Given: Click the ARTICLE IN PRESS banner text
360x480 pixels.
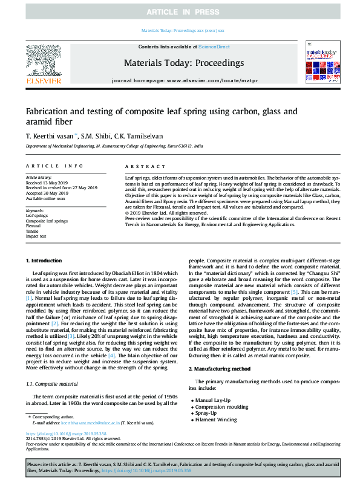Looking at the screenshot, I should (180, 12).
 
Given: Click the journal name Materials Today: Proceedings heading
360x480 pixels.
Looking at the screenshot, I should (184, 62).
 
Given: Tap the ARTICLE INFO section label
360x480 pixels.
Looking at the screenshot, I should (54, 165).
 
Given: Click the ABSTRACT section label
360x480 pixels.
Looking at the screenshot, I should (140, 165).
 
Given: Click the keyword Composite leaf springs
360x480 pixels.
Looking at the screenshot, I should (47, 221).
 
